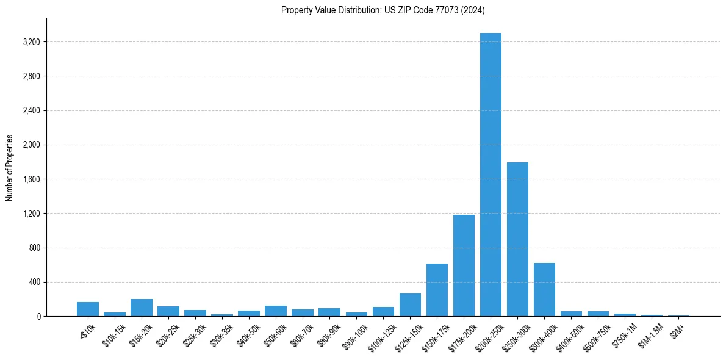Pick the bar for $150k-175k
(437, 290)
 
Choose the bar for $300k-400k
(544, 289)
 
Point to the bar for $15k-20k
(142, 308)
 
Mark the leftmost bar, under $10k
(88, 309)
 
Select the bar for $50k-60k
(276, 311)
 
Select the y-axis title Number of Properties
(9, 168)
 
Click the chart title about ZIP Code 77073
(383, 10)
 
